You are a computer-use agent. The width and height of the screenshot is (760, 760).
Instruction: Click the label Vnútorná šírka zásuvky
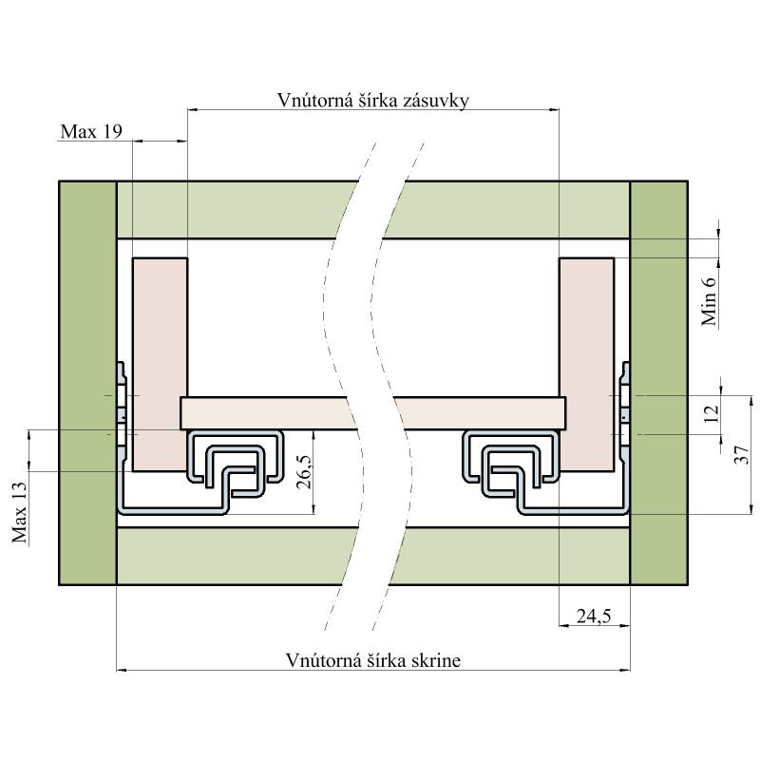coord(372,101)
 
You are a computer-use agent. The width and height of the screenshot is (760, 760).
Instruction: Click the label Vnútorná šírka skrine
coord(372,660)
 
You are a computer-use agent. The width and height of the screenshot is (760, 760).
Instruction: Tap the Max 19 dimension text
coord(90,132)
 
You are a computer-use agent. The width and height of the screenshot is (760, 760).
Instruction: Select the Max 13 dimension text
coord(19,510)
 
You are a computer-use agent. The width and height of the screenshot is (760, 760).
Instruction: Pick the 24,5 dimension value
coord(594,617)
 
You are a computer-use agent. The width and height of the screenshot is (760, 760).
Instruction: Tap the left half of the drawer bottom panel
coord(266,412)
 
